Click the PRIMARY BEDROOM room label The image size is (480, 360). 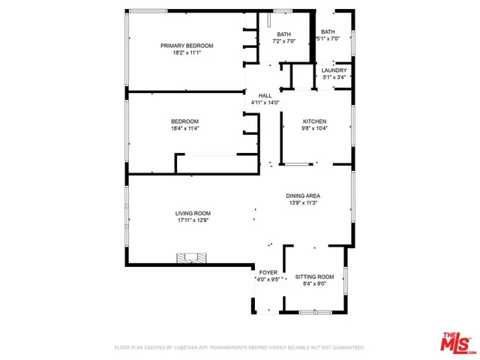pos(187,46)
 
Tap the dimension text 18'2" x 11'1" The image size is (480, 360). pos(187,53)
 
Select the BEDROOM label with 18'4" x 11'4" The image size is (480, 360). pos(184,121)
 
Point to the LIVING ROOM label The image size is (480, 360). pos(193,213)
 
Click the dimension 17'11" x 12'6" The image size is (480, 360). pos(193,220)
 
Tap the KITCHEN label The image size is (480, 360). pos(315,121)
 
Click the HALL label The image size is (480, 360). pos(265,95)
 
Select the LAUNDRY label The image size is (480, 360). pos(334,70)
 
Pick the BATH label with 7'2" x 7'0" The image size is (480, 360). pos(283,34)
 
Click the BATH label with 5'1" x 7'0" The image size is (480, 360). pos(328,31)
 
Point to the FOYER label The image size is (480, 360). pos(268,272)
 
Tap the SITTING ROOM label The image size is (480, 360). pos(314,277)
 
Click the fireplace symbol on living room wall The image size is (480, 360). pos(190,259)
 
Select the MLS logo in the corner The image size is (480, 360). pos(457,342)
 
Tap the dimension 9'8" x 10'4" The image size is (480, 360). pos(315,128)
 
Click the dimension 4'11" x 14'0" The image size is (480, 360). pos(265,103)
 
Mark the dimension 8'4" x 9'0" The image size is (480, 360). pos(314,283)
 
